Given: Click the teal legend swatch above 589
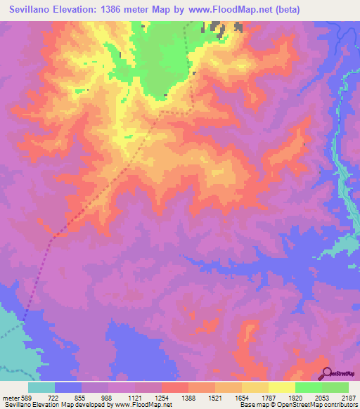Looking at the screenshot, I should tap(41, 387).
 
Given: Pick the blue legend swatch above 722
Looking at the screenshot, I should tap(68, 387).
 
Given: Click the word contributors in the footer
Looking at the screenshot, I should tap(340, 405).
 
